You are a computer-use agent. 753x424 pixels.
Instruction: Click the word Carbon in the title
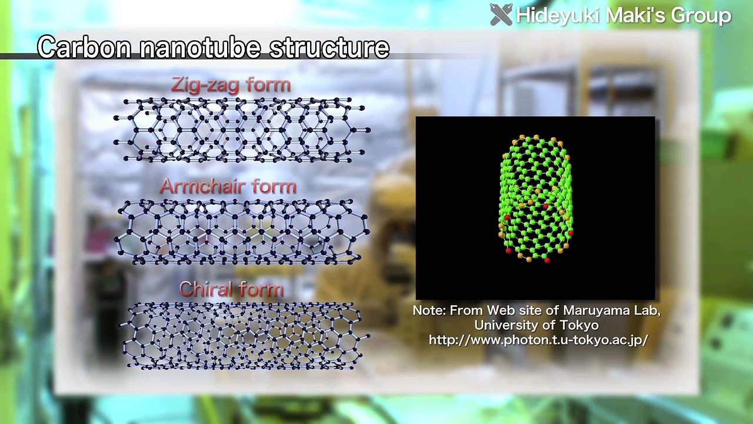pyautogui.click(x=84, y=47)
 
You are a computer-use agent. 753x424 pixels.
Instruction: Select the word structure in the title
pyautogui.click(x=329, y=47)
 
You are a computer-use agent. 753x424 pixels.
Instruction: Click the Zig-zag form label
pyautogui.click(x=231, y=85)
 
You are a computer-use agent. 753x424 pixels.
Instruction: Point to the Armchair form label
pyautogui.click(x=228, y=187)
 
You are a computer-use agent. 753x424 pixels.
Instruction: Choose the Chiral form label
pyautogui.click(x=231, y=289)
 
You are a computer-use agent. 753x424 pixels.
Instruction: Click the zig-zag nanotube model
pyautogui.click(x=241, y=130)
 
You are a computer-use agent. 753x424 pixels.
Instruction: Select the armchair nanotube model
pyautogui.click(x=241, y=231)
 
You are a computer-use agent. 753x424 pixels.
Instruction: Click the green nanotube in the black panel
pyautogui.click(x=535, y=199)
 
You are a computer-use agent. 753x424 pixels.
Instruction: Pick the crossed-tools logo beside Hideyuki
pyautogui.click(x=501, y=15)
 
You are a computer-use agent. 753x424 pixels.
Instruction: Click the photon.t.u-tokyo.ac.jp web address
pyautogui.click(x=538, y=340)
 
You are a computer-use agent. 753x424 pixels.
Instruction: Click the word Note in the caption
pyautogui.click(x=429, y=310)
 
